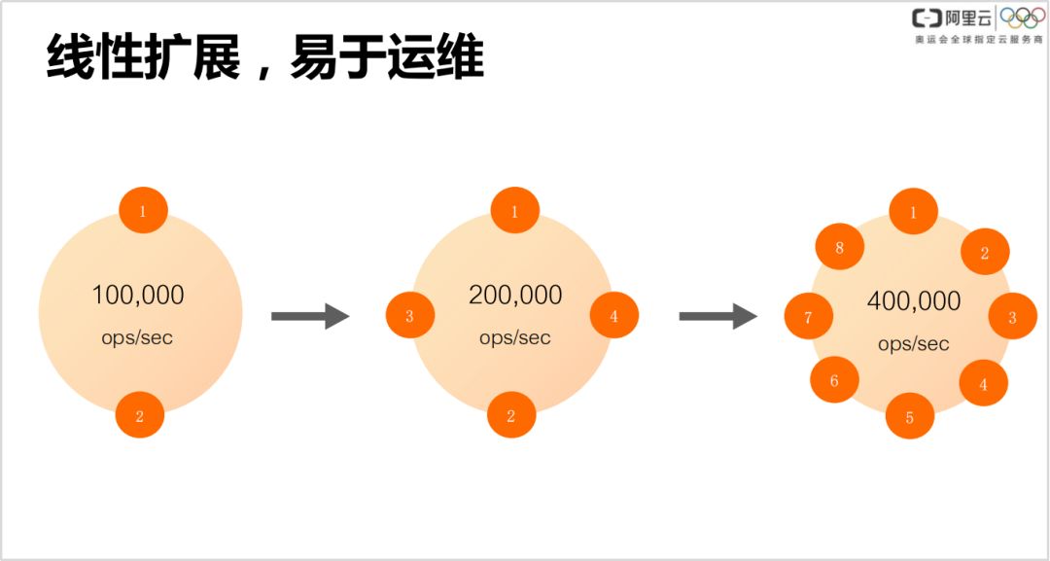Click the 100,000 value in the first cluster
(x=138, y=295)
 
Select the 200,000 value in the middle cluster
(x=515, y=295)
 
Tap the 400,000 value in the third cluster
(x=913, y=301)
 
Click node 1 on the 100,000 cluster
(x=143, y=211)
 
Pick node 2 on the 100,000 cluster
(x=139, y=415)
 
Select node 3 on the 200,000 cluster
(x=409, y=315)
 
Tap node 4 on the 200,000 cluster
(x=613, y=315)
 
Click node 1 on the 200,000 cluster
(x=514, y=210)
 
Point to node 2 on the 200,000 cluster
(x=511, y=415)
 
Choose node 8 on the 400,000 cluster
(x=839, y=247)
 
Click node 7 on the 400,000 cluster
(x=808, y=317)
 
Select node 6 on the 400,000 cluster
(x=834, y=380)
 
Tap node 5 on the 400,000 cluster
(x=909, y=417)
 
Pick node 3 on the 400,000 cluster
(x=1012, y=317)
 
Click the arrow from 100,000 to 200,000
(x=309, y=316)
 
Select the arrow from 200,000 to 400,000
(x=717, y=316)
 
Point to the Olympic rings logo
(x=1022, y=18)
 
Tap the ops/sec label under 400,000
(x=913, y=344)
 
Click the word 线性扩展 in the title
(x=143, y=59)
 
